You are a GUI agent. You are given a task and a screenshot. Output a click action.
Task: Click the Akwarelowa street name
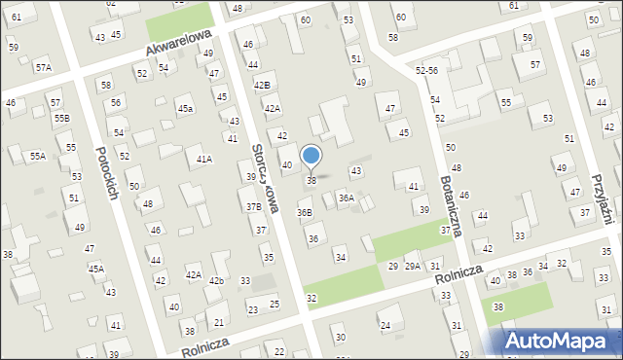point(179,41)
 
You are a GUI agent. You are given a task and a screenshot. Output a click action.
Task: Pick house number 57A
point(43,67)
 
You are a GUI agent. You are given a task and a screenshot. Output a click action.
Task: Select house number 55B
point(62,118)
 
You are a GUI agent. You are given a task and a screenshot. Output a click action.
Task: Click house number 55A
point(37,156)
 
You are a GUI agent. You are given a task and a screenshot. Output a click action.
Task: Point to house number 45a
point(185,108)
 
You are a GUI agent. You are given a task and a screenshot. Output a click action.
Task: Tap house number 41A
point(204,159)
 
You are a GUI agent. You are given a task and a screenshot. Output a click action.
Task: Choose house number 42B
point(261,86)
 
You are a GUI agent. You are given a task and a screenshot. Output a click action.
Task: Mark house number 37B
point(253,206)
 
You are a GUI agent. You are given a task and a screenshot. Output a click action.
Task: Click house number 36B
point(305,212)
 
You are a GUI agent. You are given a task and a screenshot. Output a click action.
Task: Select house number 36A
point(346,198)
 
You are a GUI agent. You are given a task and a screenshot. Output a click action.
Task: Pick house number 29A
point(413,266)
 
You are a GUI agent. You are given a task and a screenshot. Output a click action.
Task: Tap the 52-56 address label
point(426,71)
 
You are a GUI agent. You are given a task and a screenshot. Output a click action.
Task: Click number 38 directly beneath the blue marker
point(311,180)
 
